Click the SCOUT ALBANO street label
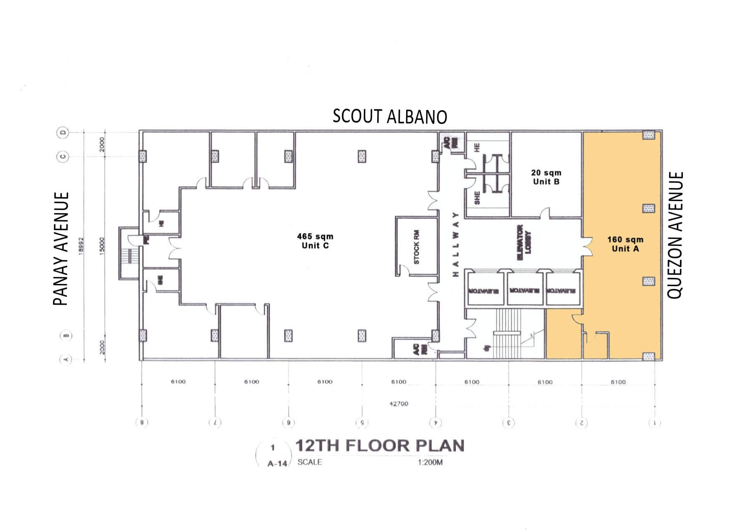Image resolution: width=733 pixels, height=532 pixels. pyautogui.click(x=389, y=117)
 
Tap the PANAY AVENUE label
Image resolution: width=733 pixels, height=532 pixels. pyautogui.click(x=61, y=249)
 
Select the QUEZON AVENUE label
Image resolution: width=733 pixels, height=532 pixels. pyautogui.click(x=675, y=235)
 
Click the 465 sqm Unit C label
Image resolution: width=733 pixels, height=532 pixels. pyautogui.click(x=315, y=241)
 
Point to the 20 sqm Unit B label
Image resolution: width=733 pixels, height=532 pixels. pyautogui.click(x=546, y=177)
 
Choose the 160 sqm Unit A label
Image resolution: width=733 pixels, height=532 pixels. pyautogui.click(x=625, y=244)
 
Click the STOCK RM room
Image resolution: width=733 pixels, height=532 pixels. pyautogui.click(x=417, y=246)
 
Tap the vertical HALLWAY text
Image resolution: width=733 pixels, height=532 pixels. pyautogui.click(x=455, y=244)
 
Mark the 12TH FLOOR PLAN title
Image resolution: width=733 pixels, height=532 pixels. pyautogui.click(x=380, y=446)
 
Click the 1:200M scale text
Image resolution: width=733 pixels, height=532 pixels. pyautogui.click(x=430, y=463)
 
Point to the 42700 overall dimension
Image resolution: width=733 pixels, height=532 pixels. pyautogui.click(x=399, y=404)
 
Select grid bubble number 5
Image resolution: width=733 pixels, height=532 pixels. pyautogui.click(x=362, y=423)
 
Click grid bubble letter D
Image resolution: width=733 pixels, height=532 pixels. pyautogui.click(x=63, y=133)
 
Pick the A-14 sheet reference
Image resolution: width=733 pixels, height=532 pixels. pyautogui.click(x=277, y=463)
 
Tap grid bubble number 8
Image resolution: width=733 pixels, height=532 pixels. pyautogui.click(x=142, y=423)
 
